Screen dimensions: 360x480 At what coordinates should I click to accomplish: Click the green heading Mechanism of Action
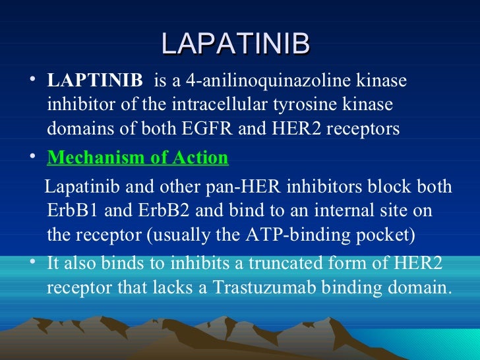138,158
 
